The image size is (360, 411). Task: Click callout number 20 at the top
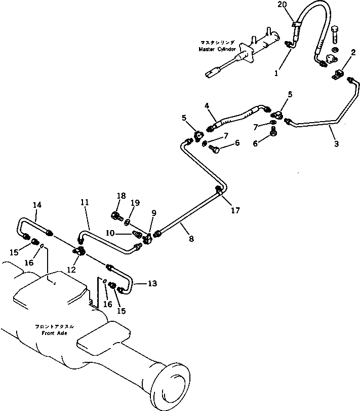coord(282,5)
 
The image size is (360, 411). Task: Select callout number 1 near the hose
coord(276,73)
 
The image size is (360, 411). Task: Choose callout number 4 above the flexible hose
coord(207,106)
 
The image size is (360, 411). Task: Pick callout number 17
coord(234,210)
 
